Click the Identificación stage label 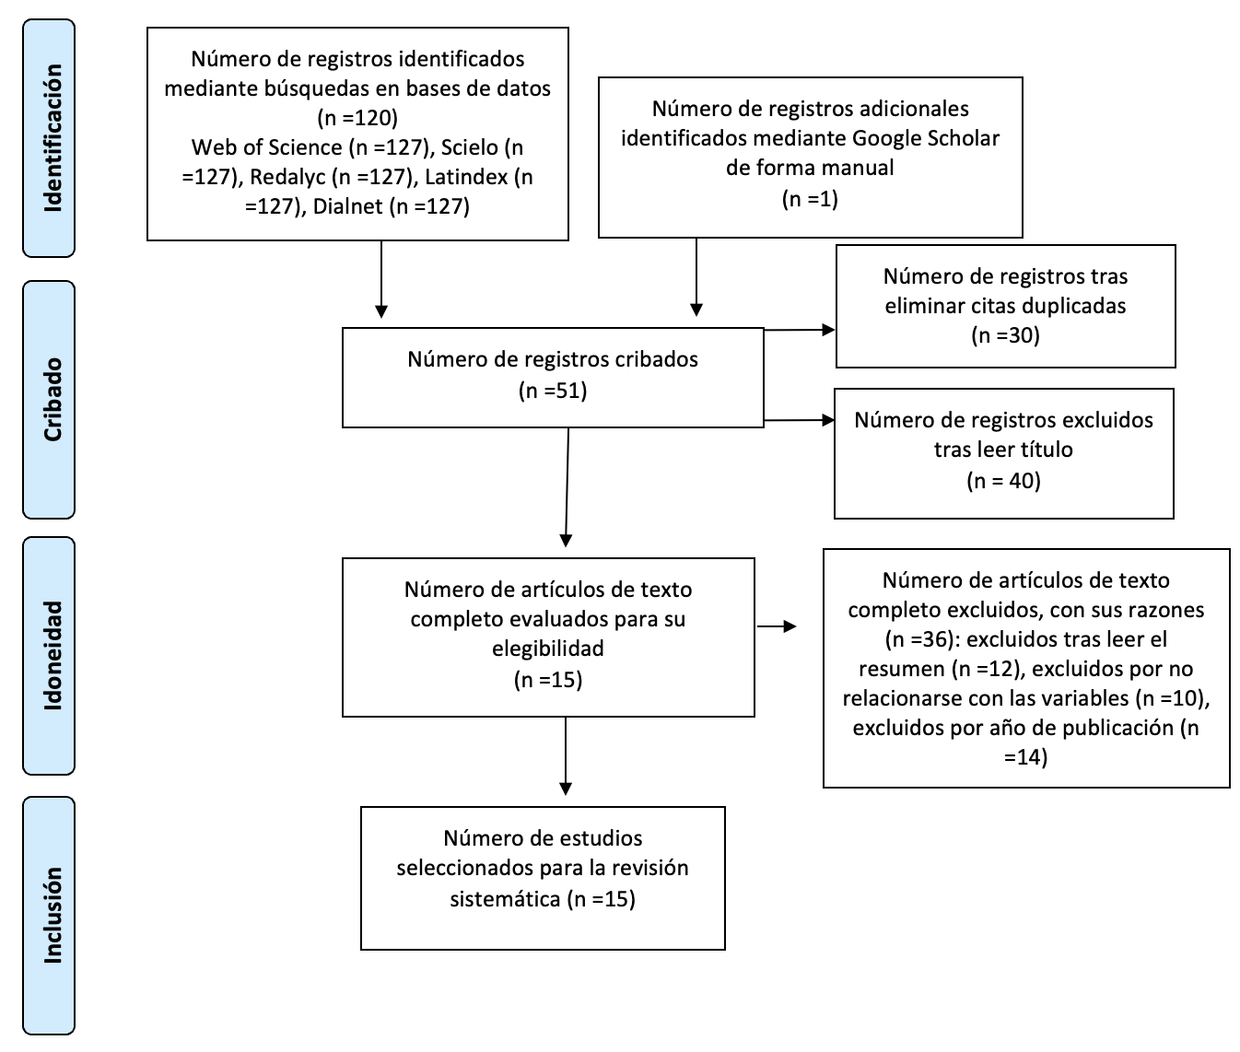[x=53, y=138]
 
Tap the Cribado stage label [x=53, y=400]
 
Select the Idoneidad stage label [x=53, y=656]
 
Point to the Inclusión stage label [x=53, y=916]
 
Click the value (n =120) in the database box [x=357, y=118]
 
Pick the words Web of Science [x=267, y=147]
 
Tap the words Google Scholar [x=926, y=138]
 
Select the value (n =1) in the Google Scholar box [x=810, y=199]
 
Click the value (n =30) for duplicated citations [x=1005, y=334]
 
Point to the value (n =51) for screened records [x=553, y=391]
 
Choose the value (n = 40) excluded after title [x=1003, y=481]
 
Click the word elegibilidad [x=548, y=649]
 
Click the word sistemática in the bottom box [x=505, y=899]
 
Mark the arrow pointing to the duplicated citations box [x=799, y=329]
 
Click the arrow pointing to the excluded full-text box [x=777, y=626]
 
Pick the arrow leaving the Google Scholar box [x=696, y=277]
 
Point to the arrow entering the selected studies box [x=565, y=756]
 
